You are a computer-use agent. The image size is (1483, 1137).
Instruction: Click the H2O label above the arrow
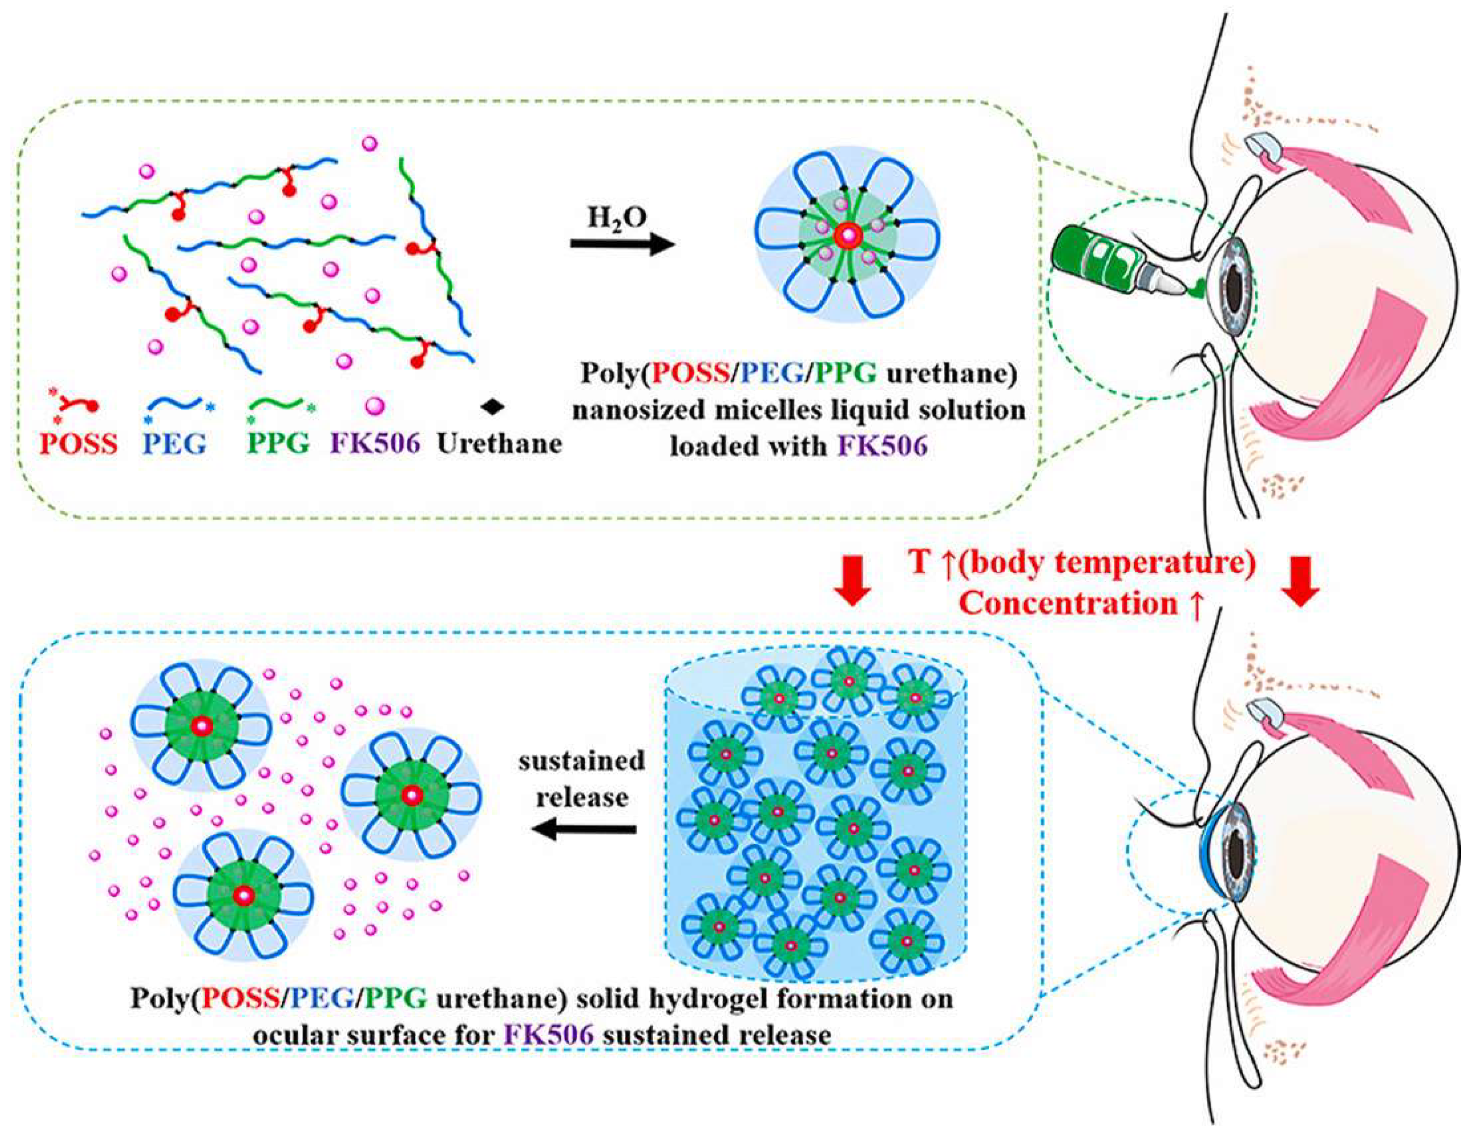pos(617,218)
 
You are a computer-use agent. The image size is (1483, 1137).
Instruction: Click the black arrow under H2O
pos(622,245)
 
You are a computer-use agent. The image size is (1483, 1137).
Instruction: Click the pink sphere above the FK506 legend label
pos(374,406)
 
